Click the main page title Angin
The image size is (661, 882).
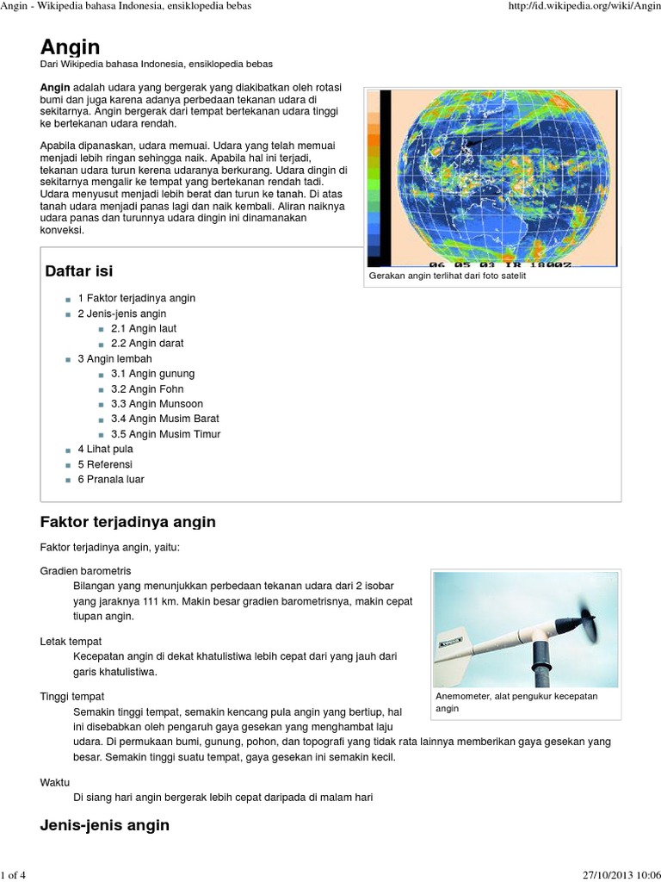click(71, 47)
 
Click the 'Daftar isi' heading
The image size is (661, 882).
click(79, 272)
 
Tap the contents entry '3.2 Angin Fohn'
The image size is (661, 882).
click(147, 389)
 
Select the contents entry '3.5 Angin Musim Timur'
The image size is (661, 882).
click(165, 434)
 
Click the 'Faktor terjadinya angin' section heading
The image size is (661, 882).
click(128, 522)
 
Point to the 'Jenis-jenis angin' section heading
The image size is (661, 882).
click(105, 825)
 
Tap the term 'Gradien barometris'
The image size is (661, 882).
click(86, 571)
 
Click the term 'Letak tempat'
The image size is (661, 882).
click(71, 642)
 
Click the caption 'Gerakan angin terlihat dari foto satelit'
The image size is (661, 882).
click(447, 276)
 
